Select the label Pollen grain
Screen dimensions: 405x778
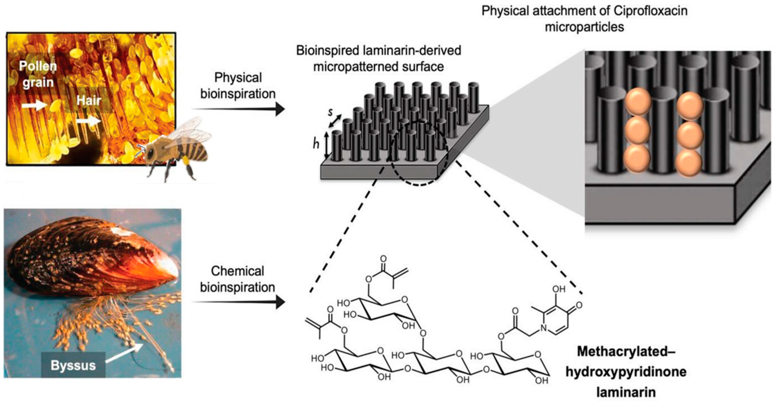click(38, 74)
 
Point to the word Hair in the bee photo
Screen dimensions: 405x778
click(89, 100)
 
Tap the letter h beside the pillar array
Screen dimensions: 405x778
click(316, 144)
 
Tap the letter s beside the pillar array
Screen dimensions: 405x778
click(330, 112)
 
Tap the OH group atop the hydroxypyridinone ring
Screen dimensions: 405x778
click(559, 289)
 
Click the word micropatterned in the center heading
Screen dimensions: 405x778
click(378, 67)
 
